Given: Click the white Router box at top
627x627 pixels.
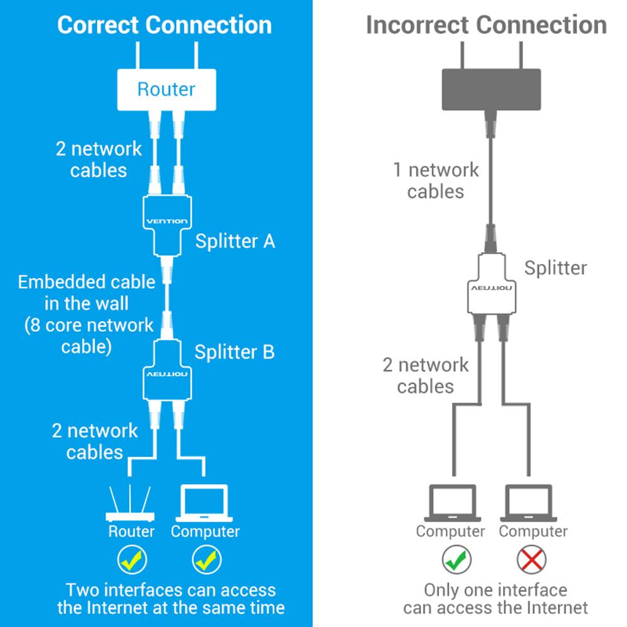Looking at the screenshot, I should (x=166, y=90).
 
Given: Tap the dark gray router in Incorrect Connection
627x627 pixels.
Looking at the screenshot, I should (x=491, y=89).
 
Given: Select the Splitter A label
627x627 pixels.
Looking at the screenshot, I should (x=235, y=241).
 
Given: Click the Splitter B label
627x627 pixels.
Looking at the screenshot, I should (x=234, y=352).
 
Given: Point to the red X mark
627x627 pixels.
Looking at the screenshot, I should (x=532, y=559).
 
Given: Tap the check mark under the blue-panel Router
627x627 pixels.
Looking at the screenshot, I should (x=132, y=559).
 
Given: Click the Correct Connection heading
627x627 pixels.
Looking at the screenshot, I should (x=164, y=25).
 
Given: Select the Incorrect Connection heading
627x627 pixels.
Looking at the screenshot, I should (x=486, y=25).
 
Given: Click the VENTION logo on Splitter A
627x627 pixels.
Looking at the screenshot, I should (x=166, y=221).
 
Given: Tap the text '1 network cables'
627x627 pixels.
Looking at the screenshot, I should (x=435, y=180).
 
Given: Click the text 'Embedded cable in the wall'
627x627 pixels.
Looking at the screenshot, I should (x=87, y=292).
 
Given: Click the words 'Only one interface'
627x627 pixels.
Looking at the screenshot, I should (x=495, y=590).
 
